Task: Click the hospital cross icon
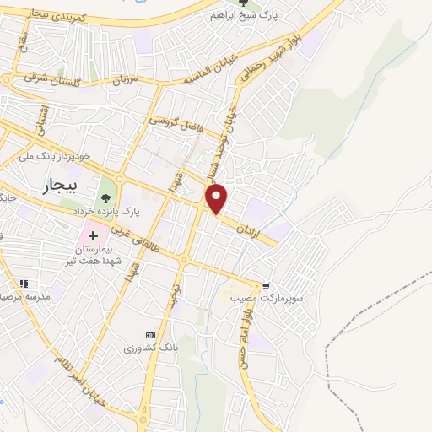tap(93, 230)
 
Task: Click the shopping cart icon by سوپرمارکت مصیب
tap(267, 286)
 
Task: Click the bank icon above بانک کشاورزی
tap(150, 334)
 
